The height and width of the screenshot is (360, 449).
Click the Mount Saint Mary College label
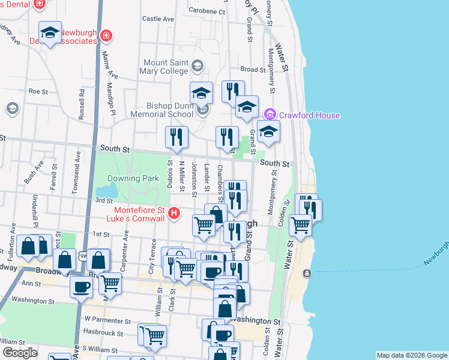click(x=166, y=67)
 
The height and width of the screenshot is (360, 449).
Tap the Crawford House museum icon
click(x=270, y=113)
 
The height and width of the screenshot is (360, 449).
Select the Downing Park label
click(x=133, y=178)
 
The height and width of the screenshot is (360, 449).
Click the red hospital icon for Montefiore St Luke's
click(x=174, y=213)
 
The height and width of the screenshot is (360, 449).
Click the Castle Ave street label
click(x=158, y=19)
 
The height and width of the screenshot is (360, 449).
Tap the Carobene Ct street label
click(x=206, y=11)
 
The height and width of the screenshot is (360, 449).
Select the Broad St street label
click(x=253, y=70)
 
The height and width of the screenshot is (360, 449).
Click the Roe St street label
click(x=37, y=91)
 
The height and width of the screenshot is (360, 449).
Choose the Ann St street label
click(x=30, y=283)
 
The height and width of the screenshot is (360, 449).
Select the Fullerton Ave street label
click(x=11, y=238)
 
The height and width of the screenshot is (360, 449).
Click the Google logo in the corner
click(x=19, y=353)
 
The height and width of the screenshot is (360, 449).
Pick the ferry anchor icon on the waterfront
click(x=307, y=274)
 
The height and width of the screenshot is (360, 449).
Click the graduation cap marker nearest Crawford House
click(x=268, y=133)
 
